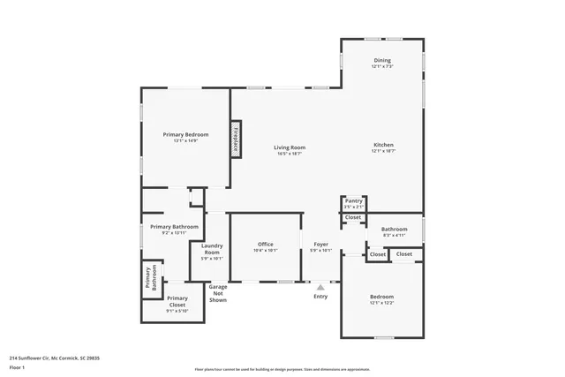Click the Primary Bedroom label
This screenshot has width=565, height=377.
point(185,134)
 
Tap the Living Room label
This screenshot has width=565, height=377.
point(289,147)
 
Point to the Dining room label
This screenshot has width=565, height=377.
point(382,60)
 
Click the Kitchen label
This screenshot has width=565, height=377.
point(382,145)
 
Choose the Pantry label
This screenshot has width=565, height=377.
point(353,200)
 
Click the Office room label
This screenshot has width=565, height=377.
point(265,244)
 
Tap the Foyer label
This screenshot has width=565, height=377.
point(320,244)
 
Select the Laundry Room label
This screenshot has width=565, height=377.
point(211,249)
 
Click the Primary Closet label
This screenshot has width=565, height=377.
point(177,298)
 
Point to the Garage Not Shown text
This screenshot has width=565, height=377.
point(217,294)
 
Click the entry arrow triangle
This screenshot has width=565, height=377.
point(320,286)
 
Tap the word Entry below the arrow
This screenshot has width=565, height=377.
point(320,296)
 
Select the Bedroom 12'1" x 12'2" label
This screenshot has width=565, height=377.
point(381,297)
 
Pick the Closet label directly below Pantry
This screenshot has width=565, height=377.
point(353,217)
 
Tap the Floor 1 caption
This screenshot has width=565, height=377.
point(18,368)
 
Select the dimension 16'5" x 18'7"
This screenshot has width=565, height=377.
point(289,154)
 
